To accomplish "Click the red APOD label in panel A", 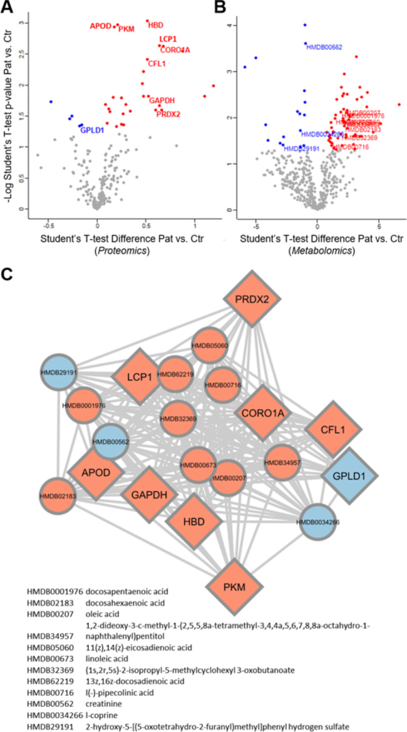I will pyautogui.click(x=100, y=26).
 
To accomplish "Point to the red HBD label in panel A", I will pyautogui.click(x=155, y=25).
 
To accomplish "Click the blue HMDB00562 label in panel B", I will pyautogui.click(x=324, y=47).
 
